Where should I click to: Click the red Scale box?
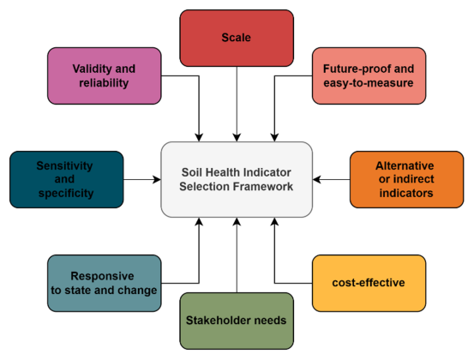click(x=237, y=38)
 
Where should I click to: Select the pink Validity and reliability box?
click(x=105, y=76)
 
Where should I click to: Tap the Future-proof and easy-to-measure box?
click(x=369, y=76)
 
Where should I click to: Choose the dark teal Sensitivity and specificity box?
click(x=67, y=179)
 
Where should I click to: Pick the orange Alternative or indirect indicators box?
click(x=406, y=179)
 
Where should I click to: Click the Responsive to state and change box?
click(x=105, y=283)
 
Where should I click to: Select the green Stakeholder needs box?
click(x=237, y=321)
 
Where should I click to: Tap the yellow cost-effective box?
click(x=369, y=283)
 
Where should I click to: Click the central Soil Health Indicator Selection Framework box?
click(x=237, y=179)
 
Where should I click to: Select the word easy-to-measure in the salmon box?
click(x=369, y=83)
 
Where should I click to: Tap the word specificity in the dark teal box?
click(x=66, y=194)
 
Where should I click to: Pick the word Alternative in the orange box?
click(x=405, y=165)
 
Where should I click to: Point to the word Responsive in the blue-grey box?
click(x=102, y=276)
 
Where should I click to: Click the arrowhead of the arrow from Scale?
click(x=237, y=137)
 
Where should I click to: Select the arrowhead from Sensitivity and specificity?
click(x=157, y=179)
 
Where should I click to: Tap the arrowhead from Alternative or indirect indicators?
click(x=317, y=179)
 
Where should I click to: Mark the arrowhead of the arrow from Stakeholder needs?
click(x=237, y=221)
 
